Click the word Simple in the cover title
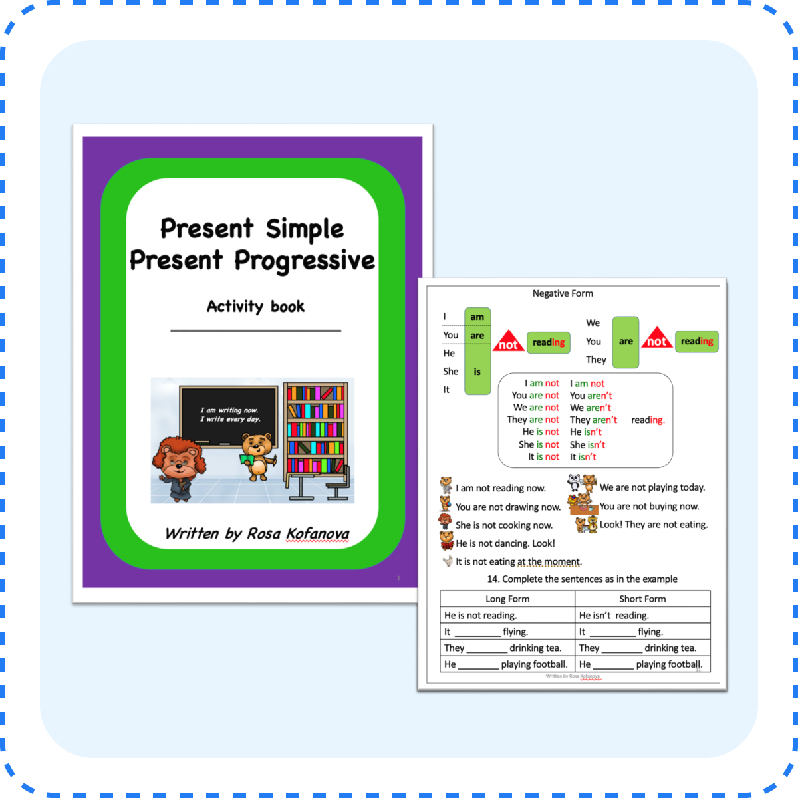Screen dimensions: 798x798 (305, 229)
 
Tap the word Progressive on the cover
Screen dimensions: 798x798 (305, 261)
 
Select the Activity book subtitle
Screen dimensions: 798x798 (255, 307)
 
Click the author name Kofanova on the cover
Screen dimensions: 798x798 (317, 533)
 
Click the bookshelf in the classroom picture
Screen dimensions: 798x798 (315, 429)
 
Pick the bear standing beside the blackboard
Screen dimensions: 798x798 (258, 456)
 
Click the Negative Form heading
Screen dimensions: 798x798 (563, 293)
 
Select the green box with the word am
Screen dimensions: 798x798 (477, 317)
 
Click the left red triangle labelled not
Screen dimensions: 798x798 (508, 342)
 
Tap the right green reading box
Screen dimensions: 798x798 (696, 342)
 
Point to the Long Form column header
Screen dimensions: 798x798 (507, 598)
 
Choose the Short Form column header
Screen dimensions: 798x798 (642, 598)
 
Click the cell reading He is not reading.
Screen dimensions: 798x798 (480, 616)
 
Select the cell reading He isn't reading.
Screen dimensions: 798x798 (614, 616)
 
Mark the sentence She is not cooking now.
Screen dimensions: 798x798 (503, 525)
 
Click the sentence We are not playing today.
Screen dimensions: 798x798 (652, 487)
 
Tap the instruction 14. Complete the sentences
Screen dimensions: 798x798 (582, 579)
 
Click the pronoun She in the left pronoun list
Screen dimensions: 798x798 (450, 372)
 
